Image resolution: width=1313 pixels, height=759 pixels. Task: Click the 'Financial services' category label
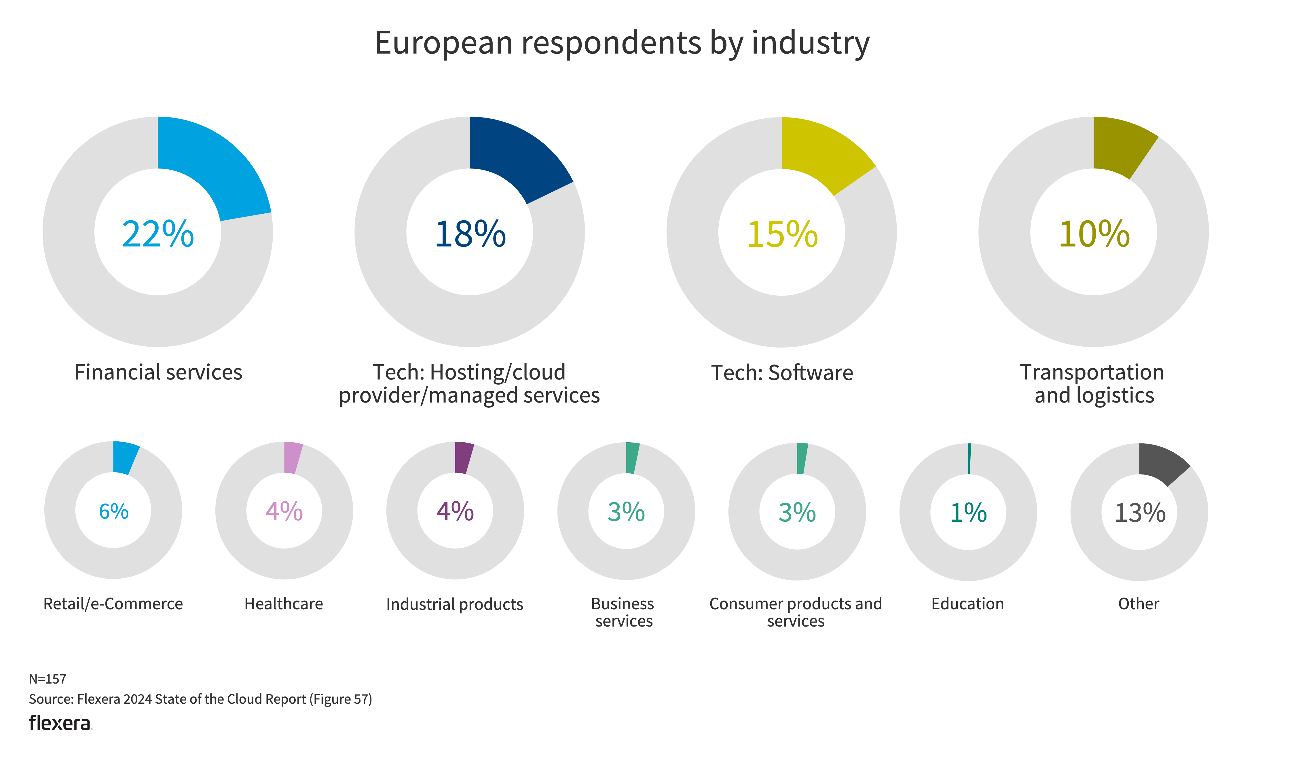[158, 373]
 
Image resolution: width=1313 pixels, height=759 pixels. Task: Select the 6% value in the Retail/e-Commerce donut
[113, 512]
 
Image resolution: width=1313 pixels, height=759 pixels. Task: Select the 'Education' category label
[967, 604]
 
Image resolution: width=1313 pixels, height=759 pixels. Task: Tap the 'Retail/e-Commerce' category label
[113, 604]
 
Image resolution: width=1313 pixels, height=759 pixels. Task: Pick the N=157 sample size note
[48, 679]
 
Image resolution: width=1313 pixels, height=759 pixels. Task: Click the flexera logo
[60, 723]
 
